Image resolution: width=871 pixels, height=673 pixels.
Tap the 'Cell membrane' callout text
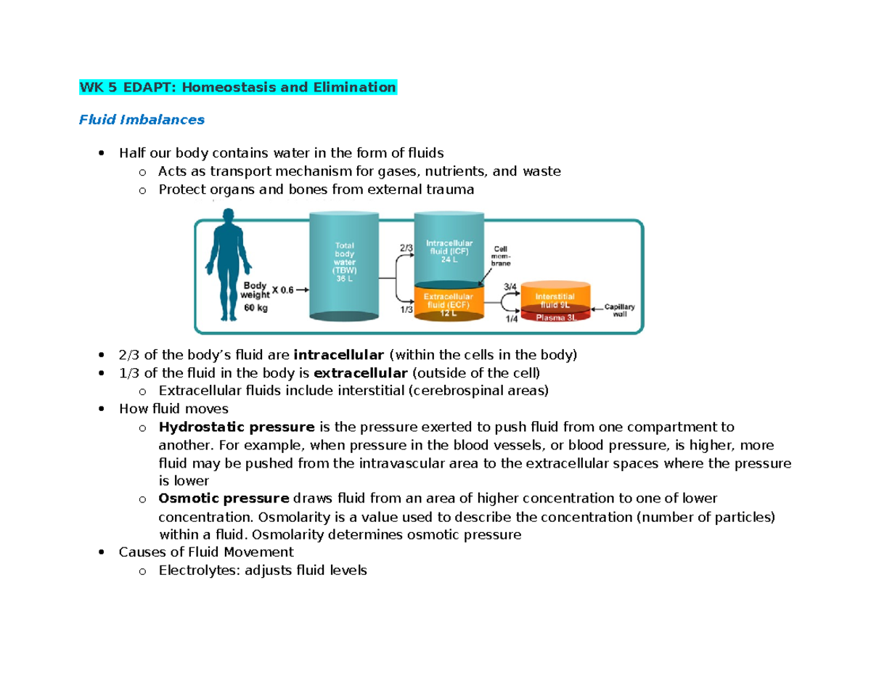tap(503, 256)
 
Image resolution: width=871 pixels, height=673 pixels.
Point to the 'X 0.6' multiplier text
tap(283, 291)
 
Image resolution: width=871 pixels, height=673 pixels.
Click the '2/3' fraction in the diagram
tap(404, 247)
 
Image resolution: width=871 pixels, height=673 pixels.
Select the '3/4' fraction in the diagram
tap(510, 287)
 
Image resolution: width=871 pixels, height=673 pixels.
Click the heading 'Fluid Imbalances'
tap(142, 119)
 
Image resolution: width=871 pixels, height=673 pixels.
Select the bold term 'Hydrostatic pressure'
tap(237, 426)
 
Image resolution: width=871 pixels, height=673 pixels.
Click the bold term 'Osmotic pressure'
tap(224, 499)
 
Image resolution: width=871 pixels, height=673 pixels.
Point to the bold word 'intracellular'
tap(338, 355)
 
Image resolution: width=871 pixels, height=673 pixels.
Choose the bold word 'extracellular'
tap(361, 373)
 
